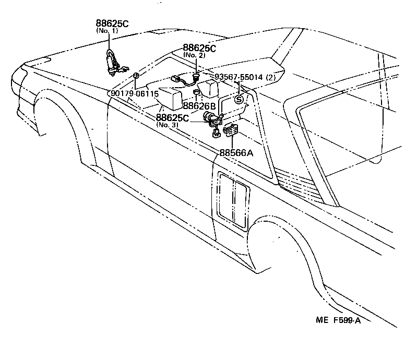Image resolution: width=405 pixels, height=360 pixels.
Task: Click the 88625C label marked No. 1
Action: [112, 23]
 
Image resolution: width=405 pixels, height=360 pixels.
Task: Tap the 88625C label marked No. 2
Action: [199, 48]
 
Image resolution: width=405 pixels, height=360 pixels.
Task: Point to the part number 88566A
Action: [236, 153]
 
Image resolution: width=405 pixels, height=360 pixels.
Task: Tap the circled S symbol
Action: [239, 99]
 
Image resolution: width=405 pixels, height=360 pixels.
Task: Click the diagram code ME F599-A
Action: [338, 320]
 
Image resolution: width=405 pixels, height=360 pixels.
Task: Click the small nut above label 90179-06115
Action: [136, 76]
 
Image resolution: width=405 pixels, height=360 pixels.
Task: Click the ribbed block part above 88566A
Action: [230, 130]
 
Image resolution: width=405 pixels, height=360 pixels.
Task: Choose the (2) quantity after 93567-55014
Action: [270, 78]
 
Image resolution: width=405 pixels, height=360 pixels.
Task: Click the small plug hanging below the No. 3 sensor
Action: [215, 135]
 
